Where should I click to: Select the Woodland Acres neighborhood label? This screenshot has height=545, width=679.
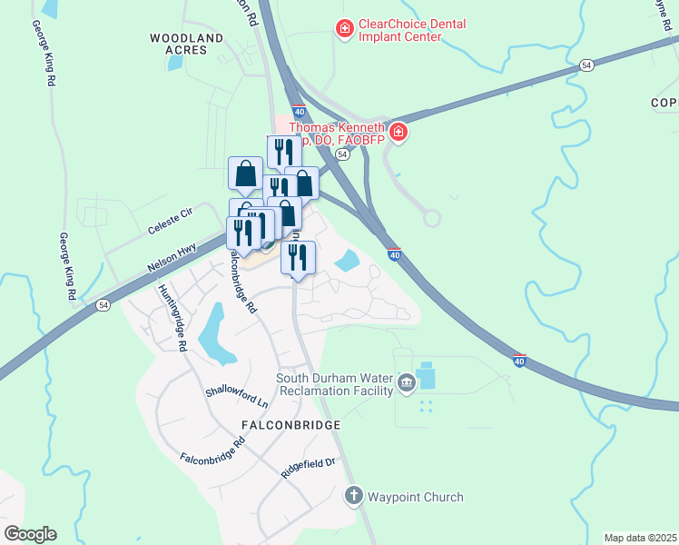pos(186,44)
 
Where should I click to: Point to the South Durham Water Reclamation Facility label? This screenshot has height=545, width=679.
pos(335,384)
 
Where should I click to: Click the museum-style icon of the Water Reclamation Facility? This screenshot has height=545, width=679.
pos(406,384)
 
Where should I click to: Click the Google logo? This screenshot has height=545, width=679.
pos(30,534)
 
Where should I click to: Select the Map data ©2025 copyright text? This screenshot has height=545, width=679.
pos(640,538)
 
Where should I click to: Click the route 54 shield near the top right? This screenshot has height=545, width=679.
pos(586,65)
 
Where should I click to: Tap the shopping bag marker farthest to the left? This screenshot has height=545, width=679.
pos(245,173)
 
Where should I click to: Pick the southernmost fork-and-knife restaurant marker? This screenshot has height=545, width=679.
pos(297,257)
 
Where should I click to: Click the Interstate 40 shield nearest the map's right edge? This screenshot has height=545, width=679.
pos(518,361)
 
